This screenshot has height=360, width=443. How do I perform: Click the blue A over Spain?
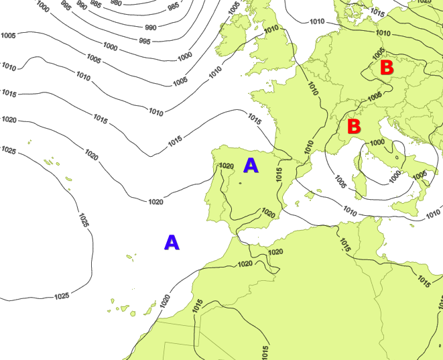pos(251,166)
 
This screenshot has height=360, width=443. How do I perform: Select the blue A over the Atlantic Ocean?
pos(172,243)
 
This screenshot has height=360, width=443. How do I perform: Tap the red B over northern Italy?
pos(354,126)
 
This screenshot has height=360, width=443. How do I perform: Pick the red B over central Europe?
pos(387,68)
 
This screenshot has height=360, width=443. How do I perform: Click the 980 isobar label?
pos(116,2)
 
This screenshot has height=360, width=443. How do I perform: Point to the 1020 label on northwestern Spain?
pos(227,166)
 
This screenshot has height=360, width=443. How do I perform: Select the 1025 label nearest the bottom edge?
pos(62,296)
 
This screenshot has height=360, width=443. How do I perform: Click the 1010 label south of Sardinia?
pos(350,211)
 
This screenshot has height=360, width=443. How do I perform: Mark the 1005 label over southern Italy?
pos(420,176)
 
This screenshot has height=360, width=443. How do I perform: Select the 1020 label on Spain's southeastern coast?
pos(268,213)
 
